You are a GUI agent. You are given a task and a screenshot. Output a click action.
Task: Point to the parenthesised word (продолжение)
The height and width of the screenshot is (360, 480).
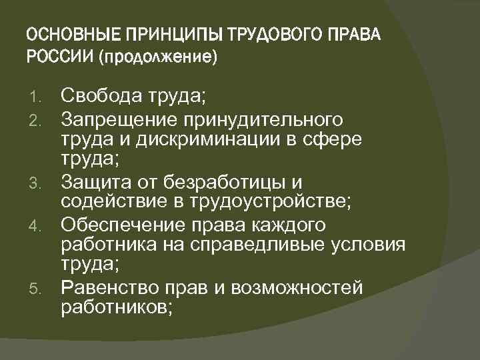point(157,57)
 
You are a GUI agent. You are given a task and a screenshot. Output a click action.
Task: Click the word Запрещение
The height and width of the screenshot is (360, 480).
point(117,120)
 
